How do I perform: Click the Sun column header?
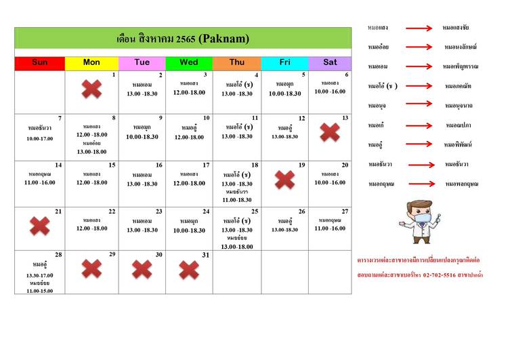click(x=39, y=63)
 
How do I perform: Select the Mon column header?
click(x=91, y=63)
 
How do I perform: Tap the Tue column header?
click(x=142, y=63)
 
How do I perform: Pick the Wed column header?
click(x=189, y=63)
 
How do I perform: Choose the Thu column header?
click(x=236, y=63)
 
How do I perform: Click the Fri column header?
click(x=284, y=63)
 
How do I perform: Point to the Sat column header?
click(x=330, y=63)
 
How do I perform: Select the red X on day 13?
click(x=330, y=132)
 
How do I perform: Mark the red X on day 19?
click(x=284, y=180)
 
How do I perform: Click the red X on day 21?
click(x=40, y=226)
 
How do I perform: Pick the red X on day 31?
click(x=189, y=270)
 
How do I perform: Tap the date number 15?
click(x=112, y=165)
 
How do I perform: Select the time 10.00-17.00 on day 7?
click(x=40, y=138)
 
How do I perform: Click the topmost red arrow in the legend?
click(x=419, y=28)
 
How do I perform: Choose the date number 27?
click(x=345, y=211)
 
